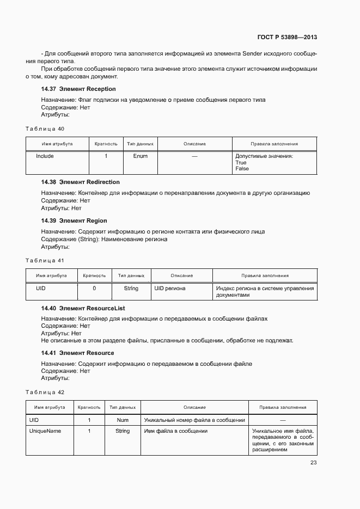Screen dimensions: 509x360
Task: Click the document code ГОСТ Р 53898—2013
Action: tap(287, 38)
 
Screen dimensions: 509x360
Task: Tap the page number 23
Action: tap(313, 463)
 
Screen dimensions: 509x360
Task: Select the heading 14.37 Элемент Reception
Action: tap(78, 89)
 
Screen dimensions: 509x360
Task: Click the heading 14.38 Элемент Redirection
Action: tap(81, 182)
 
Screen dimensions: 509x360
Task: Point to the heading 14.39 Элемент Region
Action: tap(74, 220)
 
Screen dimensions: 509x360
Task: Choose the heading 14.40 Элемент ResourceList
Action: tap(83, 308)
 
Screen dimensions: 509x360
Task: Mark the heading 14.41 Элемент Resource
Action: tap(77, 353)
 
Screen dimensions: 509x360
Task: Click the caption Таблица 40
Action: tap(45, 128)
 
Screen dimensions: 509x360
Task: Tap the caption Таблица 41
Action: tap(45, 260)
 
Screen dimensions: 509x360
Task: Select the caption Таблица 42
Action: tap(45, 392)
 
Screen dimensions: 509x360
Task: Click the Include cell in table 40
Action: tap(45, 156)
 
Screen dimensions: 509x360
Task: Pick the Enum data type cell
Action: tap(140, 156)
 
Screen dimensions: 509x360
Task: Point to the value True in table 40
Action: tap(241, 163)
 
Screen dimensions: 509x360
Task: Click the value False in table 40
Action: tap(242, 169)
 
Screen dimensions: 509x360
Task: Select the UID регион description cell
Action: tap(170, 289)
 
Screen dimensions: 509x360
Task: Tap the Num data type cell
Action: tap(123, 420)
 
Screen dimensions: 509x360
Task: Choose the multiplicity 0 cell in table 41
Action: tap(94, 289)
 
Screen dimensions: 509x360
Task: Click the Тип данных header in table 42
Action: tap(123, 407)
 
